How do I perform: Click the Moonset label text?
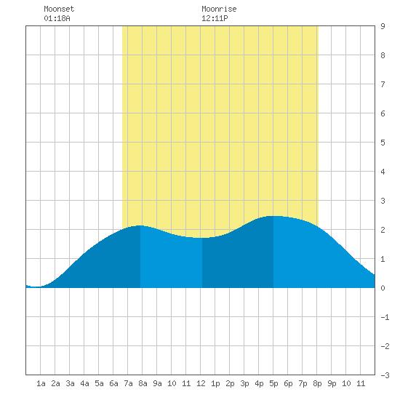(x=59, y=9)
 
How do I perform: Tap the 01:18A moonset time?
(x=57, y=18)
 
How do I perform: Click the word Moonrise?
(x=219, y=9)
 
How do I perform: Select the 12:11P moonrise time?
(x=215, y=18)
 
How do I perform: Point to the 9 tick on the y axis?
(x=383, y=26)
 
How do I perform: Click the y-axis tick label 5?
(x=383, y=143)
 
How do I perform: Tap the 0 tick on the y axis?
(x=383, y=288)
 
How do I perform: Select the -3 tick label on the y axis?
(x=385, y=375)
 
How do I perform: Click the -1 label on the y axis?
(x=385, y=317)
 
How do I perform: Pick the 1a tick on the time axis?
(x=41, y=383)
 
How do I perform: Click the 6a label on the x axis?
(x=113, y=383)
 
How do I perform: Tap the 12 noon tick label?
(x=201, y=383)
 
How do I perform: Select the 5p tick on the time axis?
(x=273, y=383)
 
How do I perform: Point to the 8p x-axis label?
(x=317, y=383)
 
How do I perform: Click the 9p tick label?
(x=332, y=383)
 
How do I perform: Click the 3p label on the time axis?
(x=244, y=383)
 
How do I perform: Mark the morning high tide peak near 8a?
(x=140, y=225)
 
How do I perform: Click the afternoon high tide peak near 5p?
(x=273, y=216)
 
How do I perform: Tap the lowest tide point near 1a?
(x=36, y=287)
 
